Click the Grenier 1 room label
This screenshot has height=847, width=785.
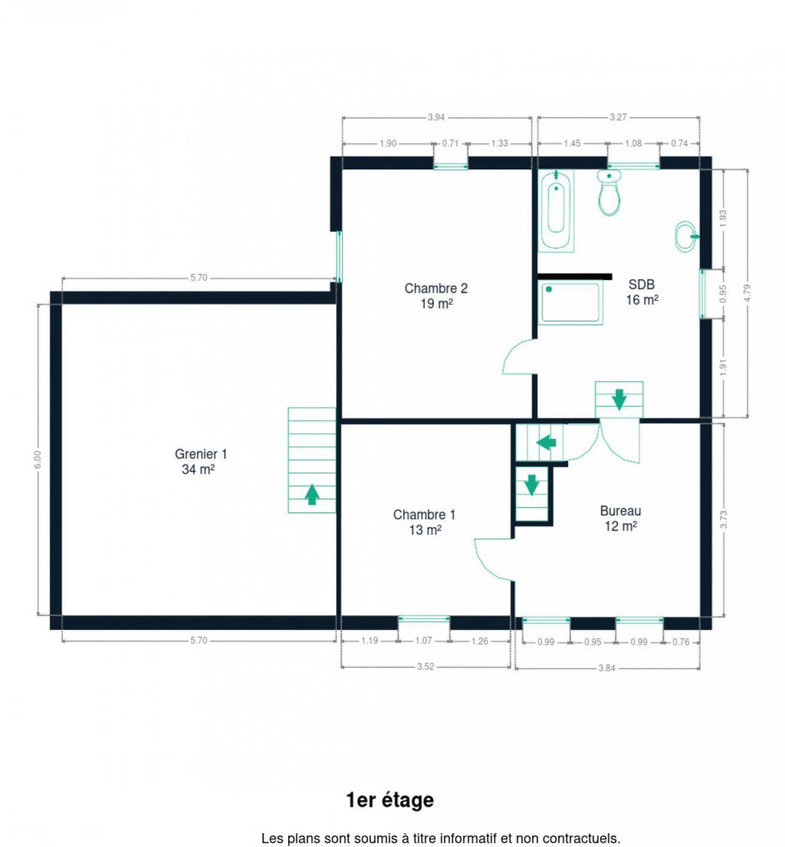click(201, 461)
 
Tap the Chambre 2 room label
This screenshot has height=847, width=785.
click(436, 295)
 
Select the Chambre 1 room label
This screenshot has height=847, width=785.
click(425, 522)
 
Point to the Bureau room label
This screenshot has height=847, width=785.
click(620, 518)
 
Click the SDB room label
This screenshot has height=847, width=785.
click(642, 292)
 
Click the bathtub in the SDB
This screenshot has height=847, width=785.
click(556, 210)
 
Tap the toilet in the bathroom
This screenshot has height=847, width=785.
click(609, 192)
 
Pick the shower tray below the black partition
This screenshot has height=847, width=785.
click(570, 302)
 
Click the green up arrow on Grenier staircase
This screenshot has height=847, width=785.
click(312, 494)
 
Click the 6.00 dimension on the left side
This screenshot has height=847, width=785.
click(38, 459)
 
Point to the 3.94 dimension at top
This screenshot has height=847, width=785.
click(436, 117)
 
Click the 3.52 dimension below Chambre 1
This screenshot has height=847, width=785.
click(425, 666)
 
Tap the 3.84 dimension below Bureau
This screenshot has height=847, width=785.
click(606, 668)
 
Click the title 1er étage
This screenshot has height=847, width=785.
click(390, 801)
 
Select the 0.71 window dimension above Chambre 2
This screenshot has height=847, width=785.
click(450, 144)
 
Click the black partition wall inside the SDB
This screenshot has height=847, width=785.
click(575, 276)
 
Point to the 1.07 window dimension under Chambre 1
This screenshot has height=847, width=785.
click(423, 641)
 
